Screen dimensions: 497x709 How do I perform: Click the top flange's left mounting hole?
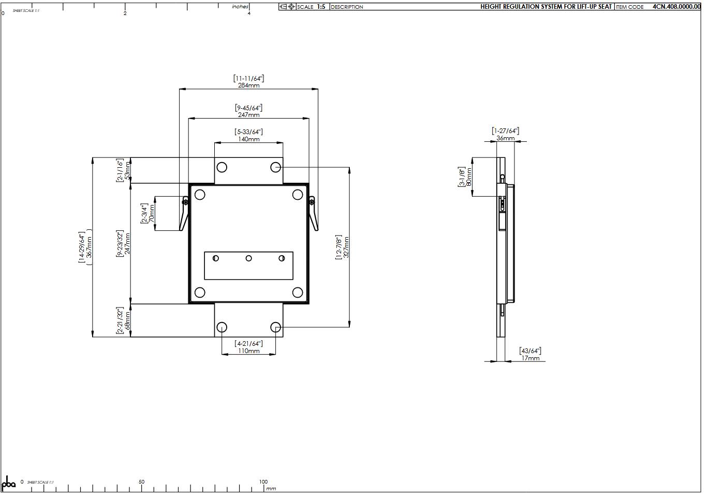[x=221, y=167]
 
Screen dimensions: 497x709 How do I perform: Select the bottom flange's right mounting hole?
[x=275, y=327]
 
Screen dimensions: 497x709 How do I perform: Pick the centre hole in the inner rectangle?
[x=248, y=258]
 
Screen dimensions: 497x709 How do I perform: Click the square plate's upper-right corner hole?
[x=297, y=195]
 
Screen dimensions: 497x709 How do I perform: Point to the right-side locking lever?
[x=313, y=213]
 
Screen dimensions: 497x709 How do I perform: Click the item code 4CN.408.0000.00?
[x=676, y=7]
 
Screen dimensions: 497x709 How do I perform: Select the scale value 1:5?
[x=321, y=7]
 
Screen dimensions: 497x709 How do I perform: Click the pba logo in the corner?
[x=9, y=484]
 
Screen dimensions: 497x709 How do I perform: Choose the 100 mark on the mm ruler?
[x=263, y=482]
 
